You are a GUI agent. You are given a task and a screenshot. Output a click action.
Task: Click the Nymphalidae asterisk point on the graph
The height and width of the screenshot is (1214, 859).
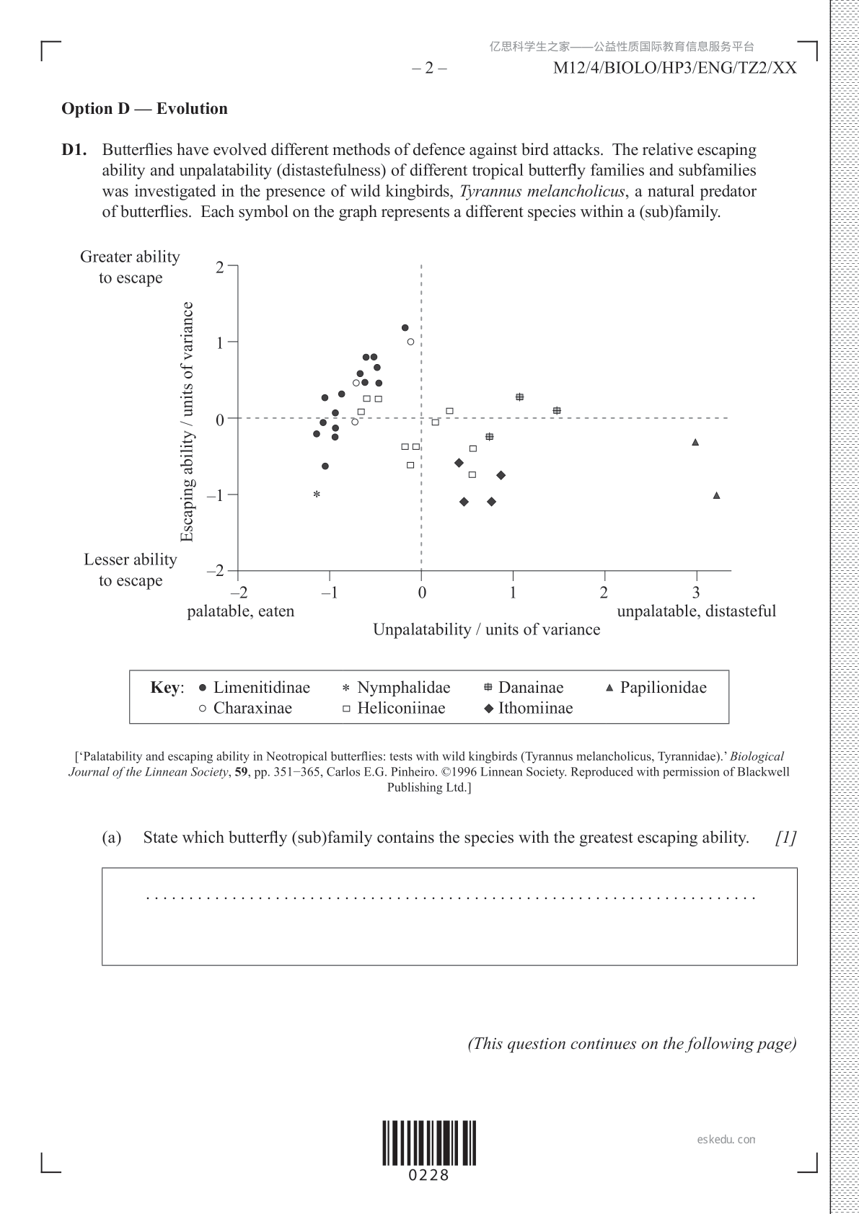coord(316,495)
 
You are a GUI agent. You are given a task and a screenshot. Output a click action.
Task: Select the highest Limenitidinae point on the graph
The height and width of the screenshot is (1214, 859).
coord(405,328)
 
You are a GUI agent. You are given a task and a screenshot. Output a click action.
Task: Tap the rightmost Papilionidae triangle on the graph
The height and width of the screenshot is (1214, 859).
coord(716,495)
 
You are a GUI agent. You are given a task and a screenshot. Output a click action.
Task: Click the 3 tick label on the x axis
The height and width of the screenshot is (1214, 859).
coord(696,593)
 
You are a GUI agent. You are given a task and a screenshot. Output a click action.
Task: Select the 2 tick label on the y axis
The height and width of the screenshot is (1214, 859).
coord(219,267)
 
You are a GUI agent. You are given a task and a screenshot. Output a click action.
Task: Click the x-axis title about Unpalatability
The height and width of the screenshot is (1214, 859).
coord(486,629)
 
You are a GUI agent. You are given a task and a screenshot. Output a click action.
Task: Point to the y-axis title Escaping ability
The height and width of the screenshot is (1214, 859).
coord(188,422)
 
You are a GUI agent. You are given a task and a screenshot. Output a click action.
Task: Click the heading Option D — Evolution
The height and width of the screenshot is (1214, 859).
coord(144,109)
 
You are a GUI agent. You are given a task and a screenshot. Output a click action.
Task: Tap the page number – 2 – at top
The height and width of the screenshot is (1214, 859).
coord(429,68)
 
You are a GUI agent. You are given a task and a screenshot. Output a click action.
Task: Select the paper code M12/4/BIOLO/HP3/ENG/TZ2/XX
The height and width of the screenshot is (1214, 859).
coord(674,68)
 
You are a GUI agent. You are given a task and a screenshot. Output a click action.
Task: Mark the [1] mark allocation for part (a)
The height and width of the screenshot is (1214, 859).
coord(785,838)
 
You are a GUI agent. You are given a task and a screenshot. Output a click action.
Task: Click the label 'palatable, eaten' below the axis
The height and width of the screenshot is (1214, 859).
coord(241,611)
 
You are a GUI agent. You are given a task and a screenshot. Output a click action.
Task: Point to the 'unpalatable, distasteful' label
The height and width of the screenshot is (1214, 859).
coord(696,611)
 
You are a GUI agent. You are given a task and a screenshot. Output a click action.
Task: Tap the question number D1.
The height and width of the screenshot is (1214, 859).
coord(74,150)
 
